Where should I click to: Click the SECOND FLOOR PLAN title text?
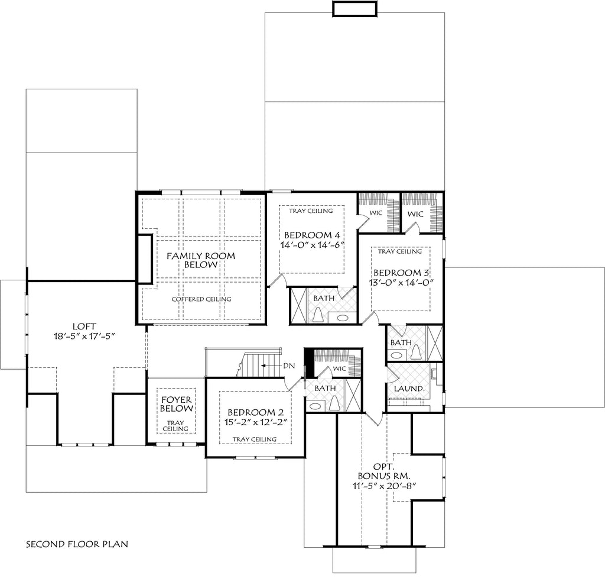pyautogui.click(x=77, y=543)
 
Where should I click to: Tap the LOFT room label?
pyautogui.click(x=83, y=325)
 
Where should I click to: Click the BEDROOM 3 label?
pyautogui.click(x=401, y=273)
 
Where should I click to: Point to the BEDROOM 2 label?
pyautogui.click(x=256, y=412)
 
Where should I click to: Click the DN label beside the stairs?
pyautogui.click(x=288, y=366)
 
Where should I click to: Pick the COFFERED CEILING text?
pyautogui.click(x=201, y=299)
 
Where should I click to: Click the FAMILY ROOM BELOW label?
pyautogui.click(x=192, y=260)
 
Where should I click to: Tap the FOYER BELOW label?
pyautogui.click(x=176, y=404)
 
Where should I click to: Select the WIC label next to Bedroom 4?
pyautogui.click(x=376, y=211)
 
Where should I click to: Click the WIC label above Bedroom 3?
pyautogui.click(x=415, y=213)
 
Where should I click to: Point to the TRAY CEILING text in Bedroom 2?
pyautogui.click(x=255, y=439)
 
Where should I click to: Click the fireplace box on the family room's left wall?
pyautogui.click(x=145, y=259)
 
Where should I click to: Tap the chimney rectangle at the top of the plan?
pyautogui.click(x=354, y=9)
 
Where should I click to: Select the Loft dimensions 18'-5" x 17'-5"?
pyautogui.click(x=83, y=336)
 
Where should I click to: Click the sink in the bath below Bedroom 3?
pyautogui.click(x=396, y=356)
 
